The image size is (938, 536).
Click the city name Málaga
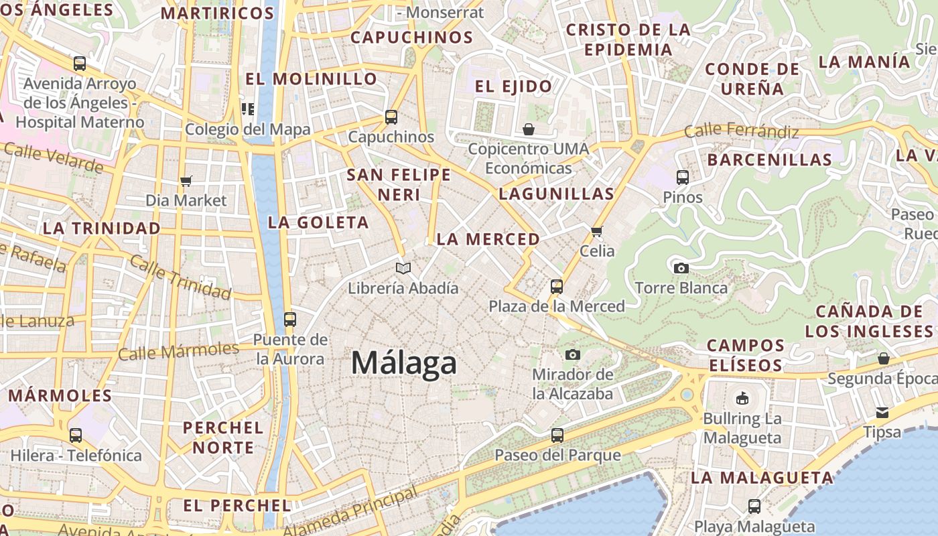404,364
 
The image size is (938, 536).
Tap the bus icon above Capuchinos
391,117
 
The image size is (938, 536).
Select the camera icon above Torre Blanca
681,268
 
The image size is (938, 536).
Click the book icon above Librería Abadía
403,269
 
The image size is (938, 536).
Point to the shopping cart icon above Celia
597,232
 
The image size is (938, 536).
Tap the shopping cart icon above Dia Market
186,181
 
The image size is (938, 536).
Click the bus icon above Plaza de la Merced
556,287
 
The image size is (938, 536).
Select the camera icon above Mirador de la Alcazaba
573,354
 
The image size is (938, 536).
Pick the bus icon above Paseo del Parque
557,436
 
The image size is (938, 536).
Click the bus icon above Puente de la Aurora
290,320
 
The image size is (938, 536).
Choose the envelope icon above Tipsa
882,413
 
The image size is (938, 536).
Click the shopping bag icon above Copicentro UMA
529,129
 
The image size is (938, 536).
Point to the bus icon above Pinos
683,178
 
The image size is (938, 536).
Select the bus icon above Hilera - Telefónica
76,435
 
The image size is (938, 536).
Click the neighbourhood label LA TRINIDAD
102,228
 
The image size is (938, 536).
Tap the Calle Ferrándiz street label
742,131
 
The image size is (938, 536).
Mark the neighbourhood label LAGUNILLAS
556,194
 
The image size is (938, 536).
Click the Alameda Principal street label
350,512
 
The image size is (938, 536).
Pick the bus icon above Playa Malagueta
754,507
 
